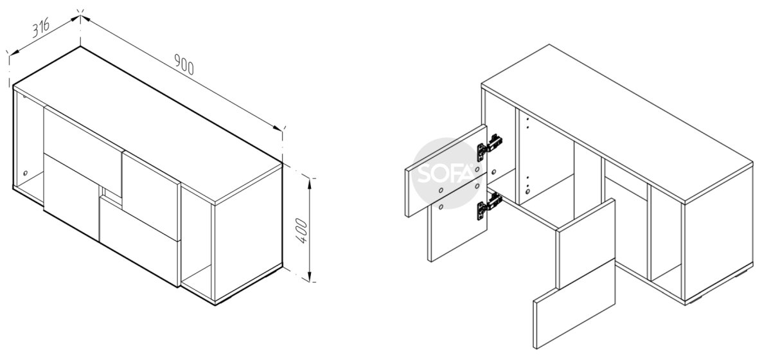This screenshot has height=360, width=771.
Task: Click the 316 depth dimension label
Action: (x=41, y=26)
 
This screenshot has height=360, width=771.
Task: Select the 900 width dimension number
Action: (x=184, y=64)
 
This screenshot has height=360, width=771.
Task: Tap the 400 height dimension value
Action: (x=301, y=231)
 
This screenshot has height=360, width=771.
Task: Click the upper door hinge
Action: (x=490, y=147)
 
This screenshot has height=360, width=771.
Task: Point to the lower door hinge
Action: (x=489, y=206)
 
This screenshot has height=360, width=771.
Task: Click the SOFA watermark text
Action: (x=445, y=174)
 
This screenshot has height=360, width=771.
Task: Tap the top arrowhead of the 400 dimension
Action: (x=310, y=184)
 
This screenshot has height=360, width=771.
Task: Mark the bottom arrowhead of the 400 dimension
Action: (x=310, y=276)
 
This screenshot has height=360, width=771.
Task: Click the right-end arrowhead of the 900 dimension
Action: (x=278, y=128)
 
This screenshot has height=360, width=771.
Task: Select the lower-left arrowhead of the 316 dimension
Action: (x=13, y=53)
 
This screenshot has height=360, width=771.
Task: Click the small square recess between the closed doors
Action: (x=110, y=194)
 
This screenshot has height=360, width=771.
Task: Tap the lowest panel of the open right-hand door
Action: (x=574, y=304)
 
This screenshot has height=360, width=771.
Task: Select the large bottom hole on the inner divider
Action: (x=527, y=191)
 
